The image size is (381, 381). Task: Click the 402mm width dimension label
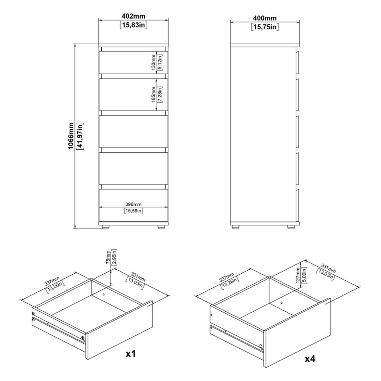click(x=133, y=16)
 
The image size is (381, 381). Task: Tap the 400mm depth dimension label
click(x=265, y=18)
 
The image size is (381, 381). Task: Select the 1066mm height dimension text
click(x=71, y=136)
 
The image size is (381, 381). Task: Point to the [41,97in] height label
click(x=80, y=136)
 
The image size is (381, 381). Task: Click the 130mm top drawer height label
click(x=154, y=62)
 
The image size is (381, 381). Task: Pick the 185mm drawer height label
click(x=154, y=94)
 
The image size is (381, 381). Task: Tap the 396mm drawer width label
click(x=133, y=204)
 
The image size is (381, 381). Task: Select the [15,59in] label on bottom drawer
click(x=133, y=211)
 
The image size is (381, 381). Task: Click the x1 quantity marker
click(x=130, y=354)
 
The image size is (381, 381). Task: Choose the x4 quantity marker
click(x=310, y=359)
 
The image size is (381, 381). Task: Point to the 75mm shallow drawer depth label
click(x=108, y=258)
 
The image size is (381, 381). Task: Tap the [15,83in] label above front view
click(x=133, y=25)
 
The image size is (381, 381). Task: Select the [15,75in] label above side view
click(x=265, y=27)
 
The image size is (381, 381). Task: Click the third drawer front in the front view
click(x=133, y=131)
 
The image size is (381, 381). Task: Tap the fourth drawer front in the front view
click(x=133, y=168)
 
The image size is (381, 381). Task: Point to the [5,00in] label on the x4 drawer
click(x=304, y=275)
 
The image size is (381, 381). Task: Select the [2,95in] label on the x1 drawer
click(x=114, y=257)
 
